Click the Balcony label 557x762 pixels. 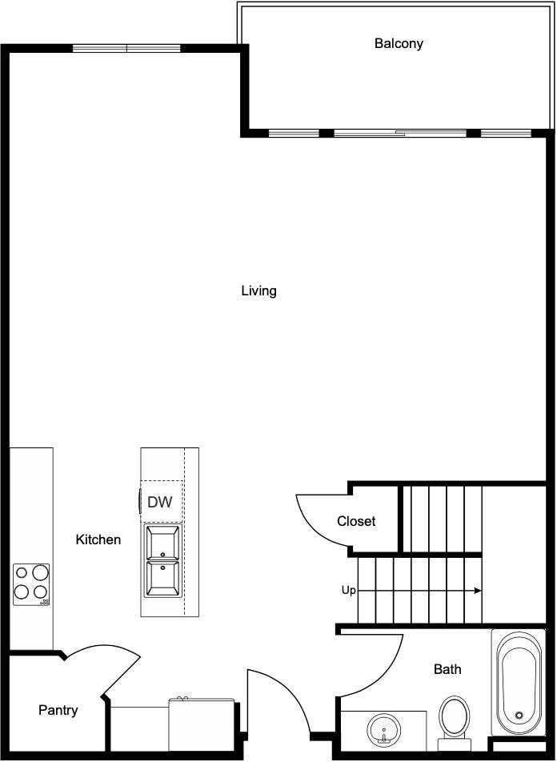[399, 43]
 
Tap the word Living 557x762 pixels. [258, 291]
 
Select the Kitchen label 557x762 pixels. [98, 539]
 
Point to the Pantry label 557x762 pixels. [58, 710]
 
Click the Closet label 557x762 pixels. [356, 521]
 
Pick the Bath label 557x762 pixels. [447, 669]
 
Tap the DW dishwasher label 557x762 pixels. [160, 503]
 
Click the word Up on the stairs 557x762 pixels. [349, 591]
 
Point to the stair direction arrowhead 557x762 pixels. [478, 591]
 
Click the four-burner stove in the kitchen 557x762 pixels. [31, 584]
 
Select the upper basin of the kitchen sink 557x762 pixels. [162, 543]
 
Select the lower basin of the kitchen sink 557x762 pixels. [162, 578]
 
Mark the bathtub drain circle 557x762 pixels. [519, 716]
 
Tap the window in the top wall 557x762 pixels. [126, 48]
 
